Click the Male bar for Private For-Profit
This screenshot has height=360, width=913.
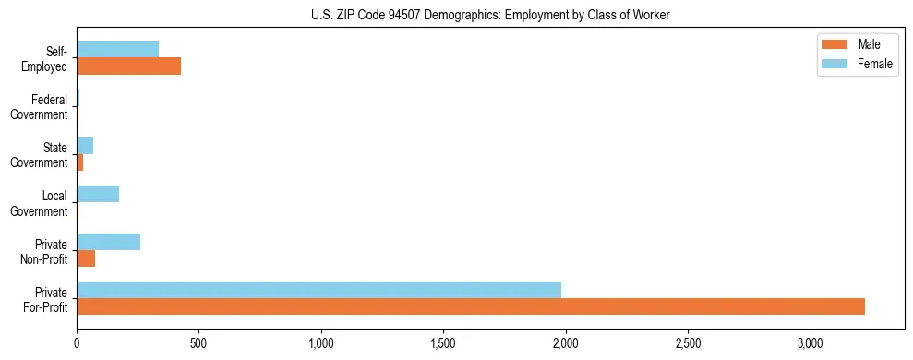[x=471, y=306]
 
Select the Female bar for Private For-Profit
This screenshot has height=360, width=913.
[x=318, y=290]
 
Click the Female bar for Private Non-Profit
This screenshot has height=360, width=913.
[x=108, y=242]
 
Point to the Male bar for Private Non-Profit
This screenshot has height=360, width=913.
[x=86, y=258]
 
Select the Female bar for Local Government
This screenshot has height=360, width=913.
[x=98, y=194]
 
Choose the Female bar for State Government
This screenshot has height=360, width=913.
[x=85, y=146]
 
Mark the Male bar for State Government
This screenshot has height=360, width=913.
[x=80, y=162]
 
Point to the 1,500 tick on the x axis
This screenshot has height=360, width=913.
[x=443, y=342]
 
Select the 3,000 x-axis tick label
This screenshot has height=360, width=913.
[x=810, y=342]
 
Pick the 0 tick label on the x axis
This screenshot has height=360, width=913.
[x=77, y=342]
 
